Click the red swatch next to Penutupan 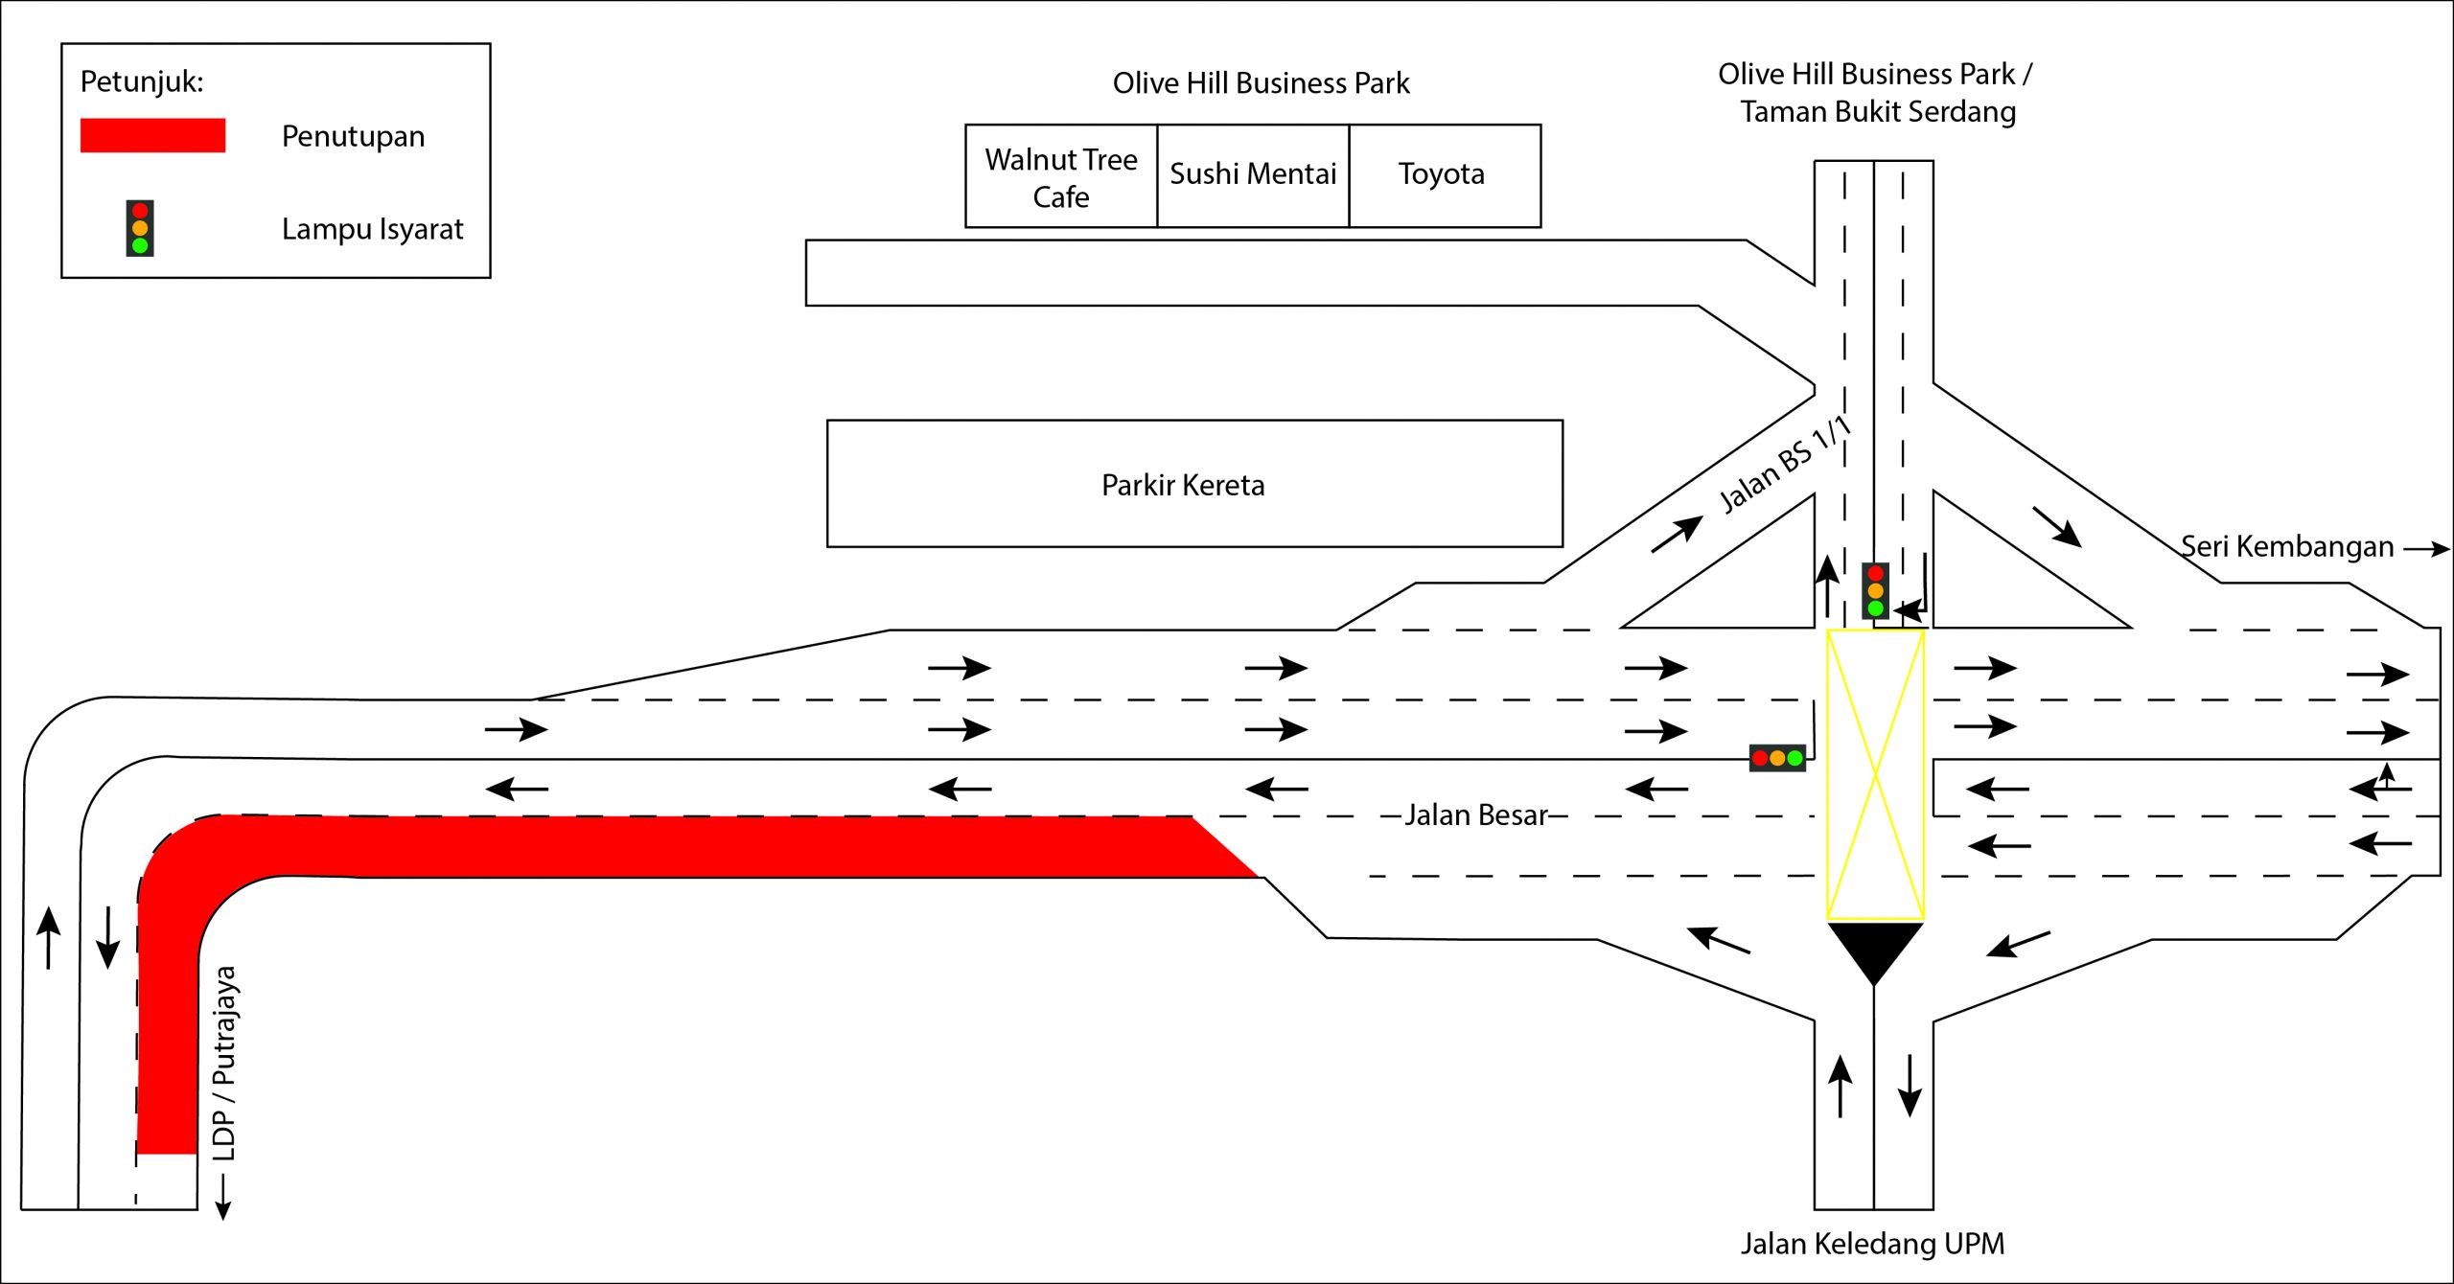(152, 135)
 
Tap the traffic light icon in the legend (140, 228)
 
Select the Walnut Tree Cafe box (1061, 176)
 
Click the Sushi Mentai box (1253, 174)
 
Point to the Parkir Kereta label (1183, 485)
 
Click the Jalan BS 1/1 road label (1785, 466)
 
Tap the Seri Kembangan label (2287, 546)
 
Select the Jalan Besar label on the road (1476, 815)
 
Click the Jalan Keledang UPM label (1872, 1244)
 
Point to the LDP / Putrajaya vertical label (224, 1064)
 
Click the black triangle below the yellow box (1874, 947)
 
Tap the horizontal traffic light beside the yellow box (1777, 758)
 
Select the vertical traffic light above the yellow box (1875, 590)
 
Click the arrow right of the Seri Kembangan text (2426, 549)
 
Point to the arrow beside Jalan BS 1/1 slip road (1677, 534)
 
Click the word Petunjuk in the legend (142, 81)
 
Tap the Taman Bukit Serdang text (1878, 112)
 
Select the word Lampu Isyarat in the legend (372, 229)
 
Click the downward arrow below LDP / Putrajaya (223, 1197)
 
